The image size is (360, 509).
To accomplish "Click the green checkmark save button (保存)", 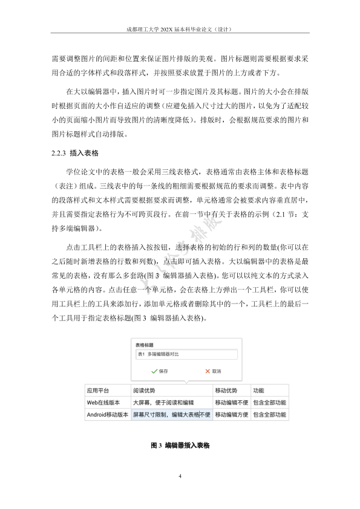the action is (x=159, y=371).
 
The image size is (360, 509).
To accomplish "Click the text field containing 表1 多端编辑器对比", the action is (x=186, y=355).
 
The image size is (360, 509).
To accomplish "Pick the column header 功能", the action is (x=258, y=391).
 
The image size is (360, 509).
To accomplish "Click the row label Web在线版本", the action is (x=103, y=403).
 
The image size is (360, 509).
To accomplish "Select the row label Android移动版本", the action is (x=107, y=415).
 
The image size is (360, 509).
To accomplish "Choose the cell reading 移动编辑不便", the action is (x=231, y=403).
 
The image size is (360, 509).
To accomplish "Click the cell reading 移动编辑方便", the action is (x=231, y=415).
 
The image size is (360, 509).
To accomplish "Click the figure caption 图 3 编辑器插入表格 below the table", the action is (x=180, y=446).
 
